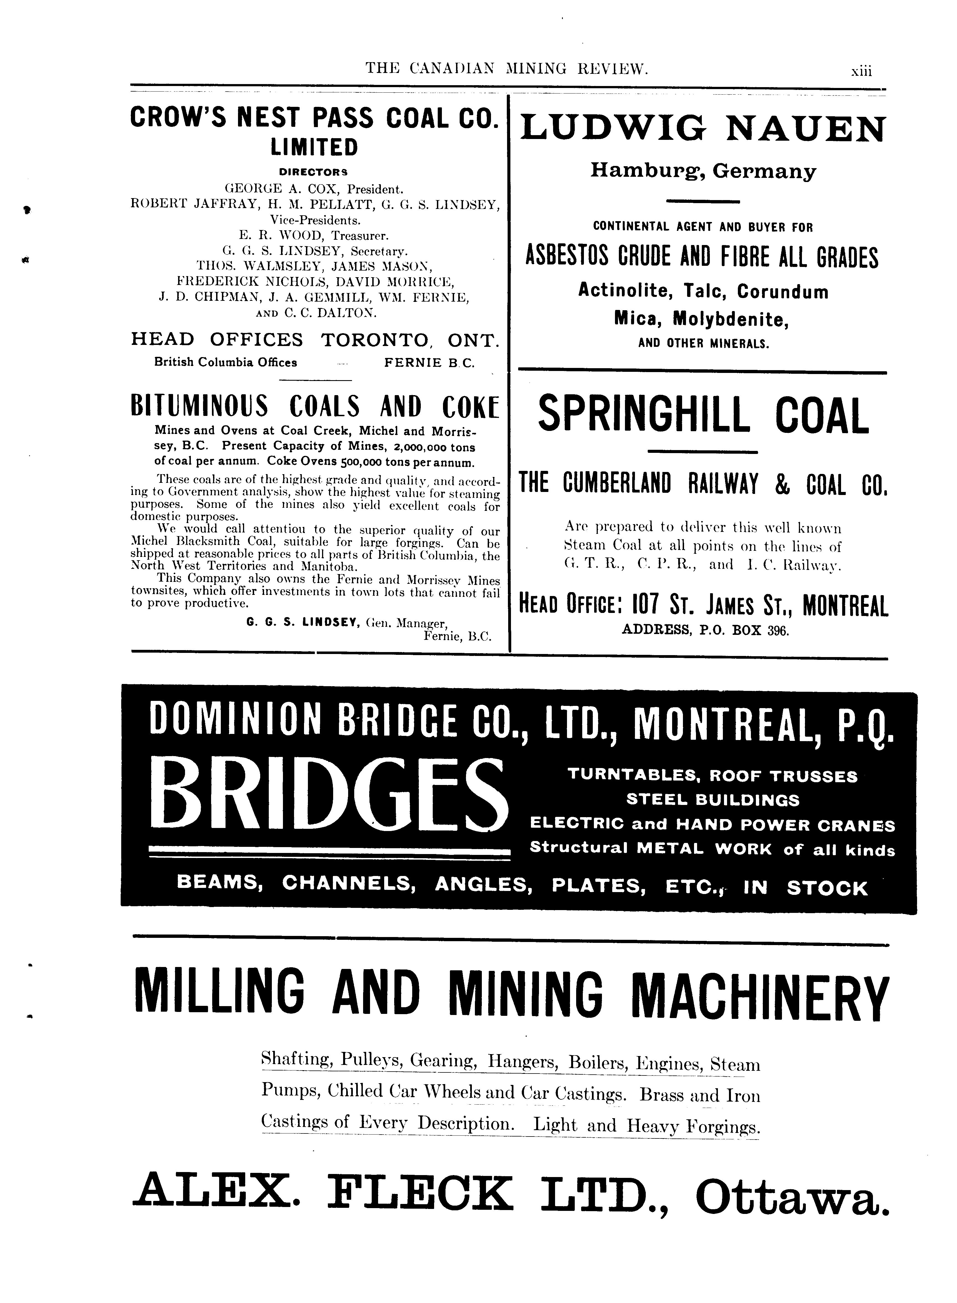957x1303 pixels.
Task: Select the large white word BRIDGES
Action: click(328, 796)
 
